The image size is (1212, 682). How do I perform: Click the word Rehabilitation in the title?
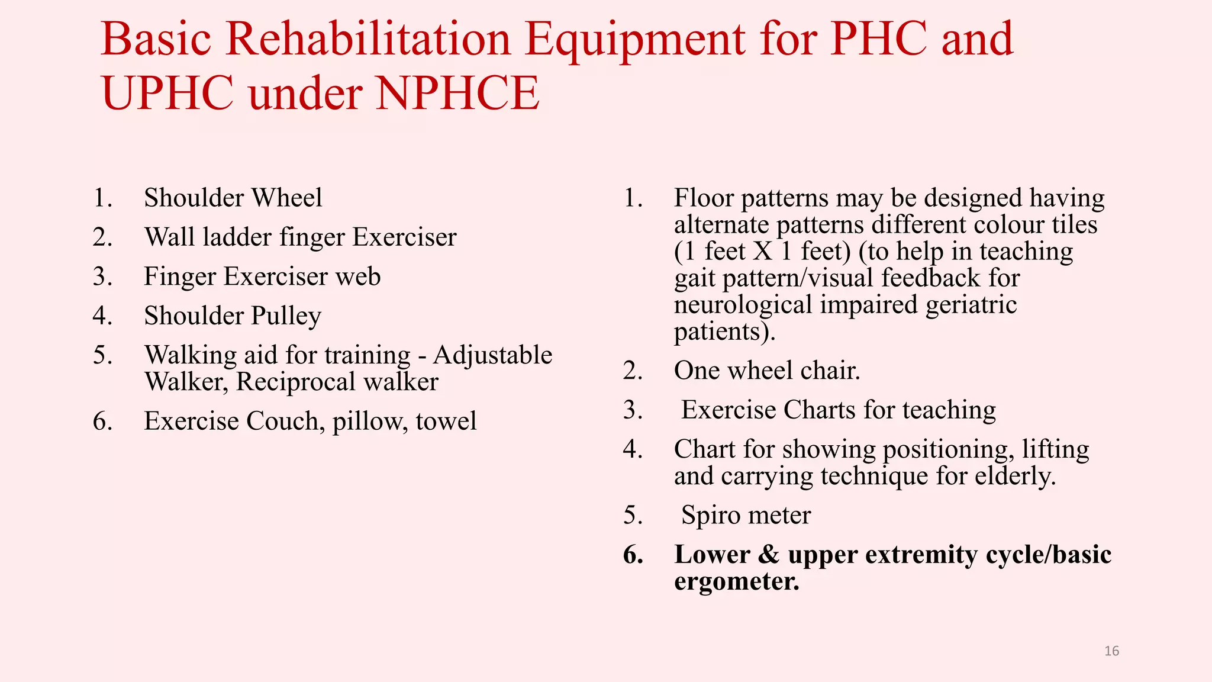(368, 39)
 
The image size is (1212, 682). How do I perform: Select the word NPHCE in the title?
(457, 94)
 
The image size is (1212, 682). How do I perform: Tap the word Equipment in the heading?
(635, 40)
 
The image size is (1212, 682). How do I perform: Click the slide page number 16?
(1111, 651)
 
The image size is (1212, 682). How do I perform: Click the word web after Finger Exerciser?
(358, 276)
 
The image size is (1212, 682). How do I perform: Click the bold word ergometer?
(736, 581)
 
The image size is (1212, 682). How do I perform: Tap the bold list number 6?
(633, 555)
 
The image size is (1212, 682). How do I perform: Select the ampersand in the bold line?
(769, 555)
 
